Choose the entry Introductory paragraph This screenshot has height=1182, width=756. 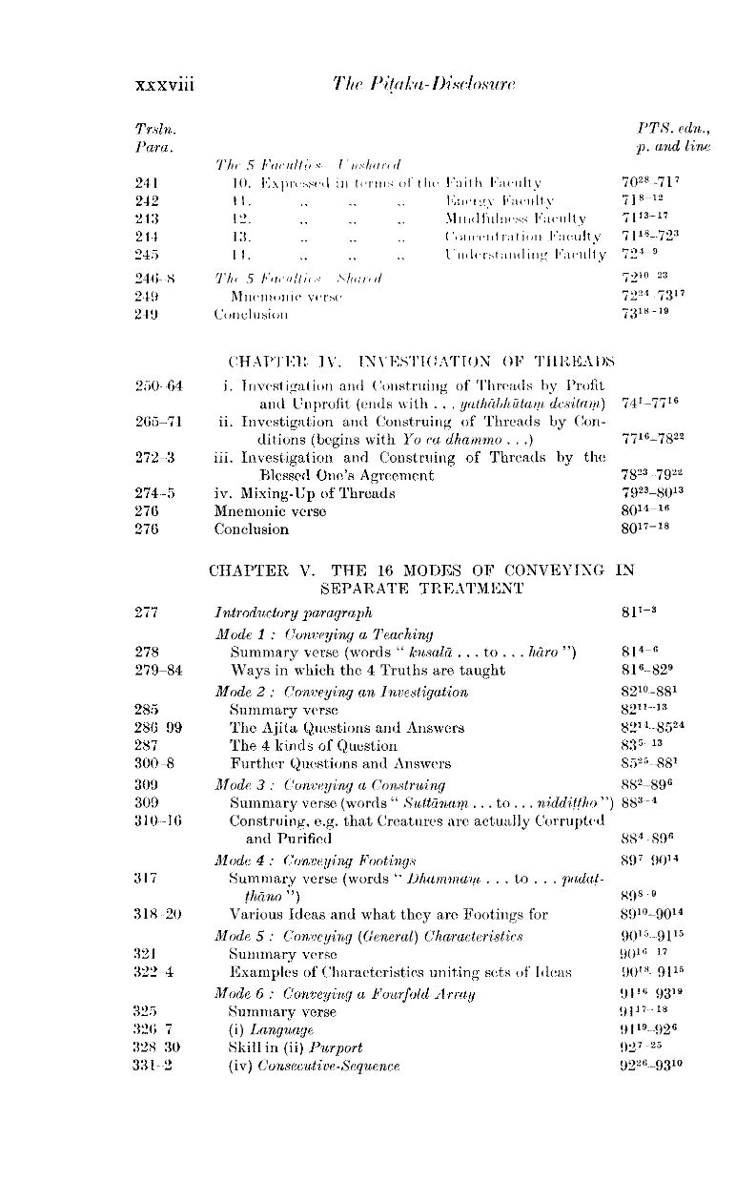click(293, 612)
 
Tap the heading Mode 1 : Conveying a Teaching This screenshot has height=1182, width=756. click(324, 633)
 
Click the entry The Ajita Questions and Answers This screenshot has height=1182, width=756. click(347, 728)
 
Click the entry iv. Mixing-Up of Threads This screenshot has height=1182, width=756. click(304, 494)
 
